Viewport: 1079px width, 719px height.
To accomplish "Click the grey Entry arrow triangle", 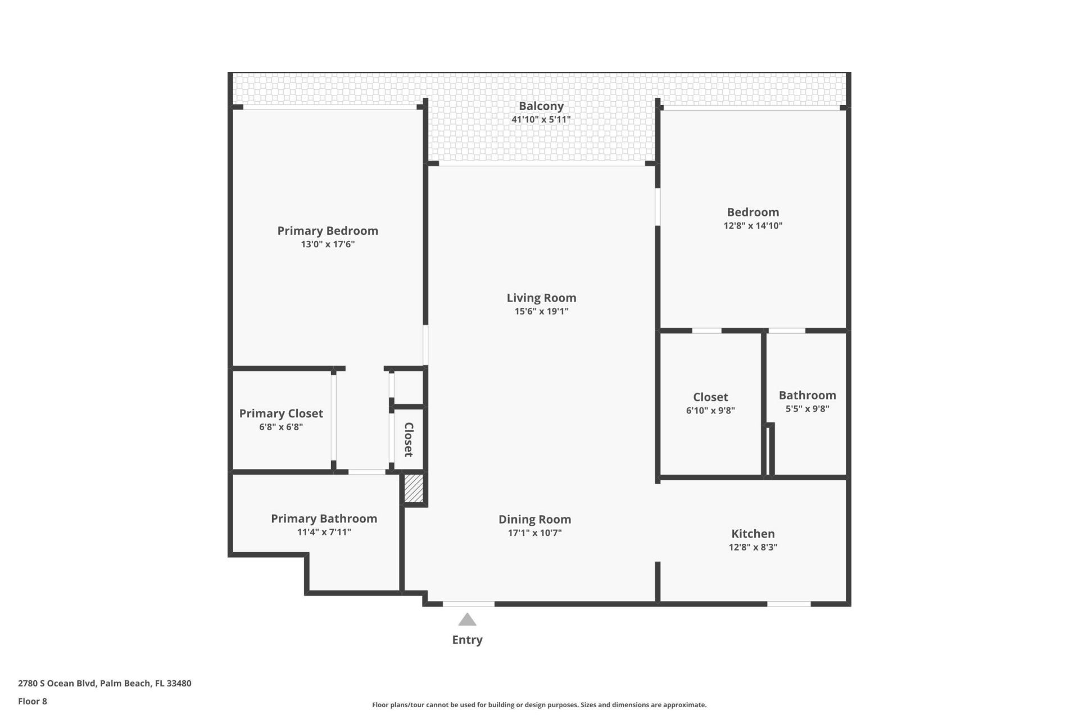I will tap(467, 620).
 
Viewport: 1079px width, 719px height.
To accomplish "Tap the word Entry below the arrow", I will tap(467, 640).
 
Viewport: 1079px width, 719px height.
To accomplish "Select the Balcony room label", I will tap(541, 106).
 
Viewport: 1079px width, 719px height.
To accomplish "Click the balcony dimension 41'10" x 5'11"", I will tap(541, 120).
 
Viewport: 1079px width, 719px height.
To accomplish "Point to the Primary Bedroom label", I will tap(328, 231).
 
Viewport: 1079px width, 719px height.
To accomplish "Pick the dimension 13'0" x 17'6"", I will tap(328, 244).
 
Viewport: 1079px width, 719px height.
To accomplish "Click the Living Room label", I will tap(541, 298).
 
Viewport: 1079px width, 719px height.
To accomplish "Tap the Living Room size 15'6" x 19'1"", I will tap(541, 312).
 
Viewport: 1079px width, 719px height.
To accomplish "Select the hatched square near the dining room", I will tap(414, 489).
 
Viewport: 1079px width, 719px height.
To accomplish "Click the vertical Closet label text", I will tap(409, 439).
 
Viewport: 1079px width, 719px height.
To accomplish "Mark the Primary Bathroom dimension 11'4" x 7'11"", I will tap(324, 533).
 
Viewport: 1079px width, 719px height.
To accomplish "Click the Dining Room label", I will tap(534, 520).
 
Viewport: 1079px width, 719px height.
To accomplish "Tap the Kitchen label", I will tap(752, 534).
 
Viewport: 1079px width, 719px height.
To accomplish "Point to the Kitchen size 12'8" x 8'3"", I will tap(752, 548).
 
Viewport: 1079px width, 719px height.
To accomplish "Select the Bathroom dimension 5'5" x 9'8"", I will tap(807, 409).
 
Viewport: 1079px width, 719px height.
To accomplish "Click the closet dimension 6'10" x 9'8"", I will tap(710, 411).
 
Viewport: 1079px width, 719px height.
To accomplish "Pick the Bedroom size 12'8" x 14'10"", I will tap(752, 226).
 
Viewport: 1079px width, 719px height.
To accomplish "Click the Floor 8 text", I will tap(33, 701).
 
